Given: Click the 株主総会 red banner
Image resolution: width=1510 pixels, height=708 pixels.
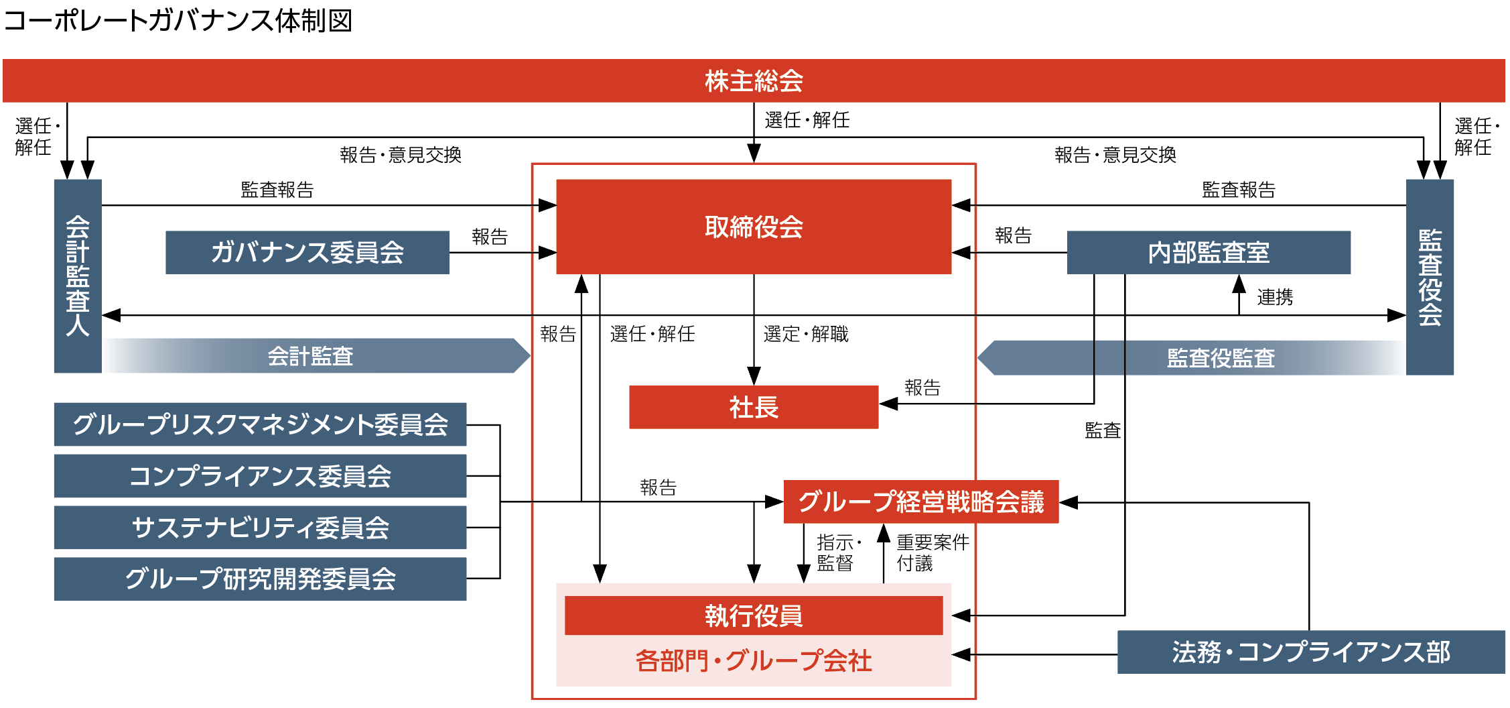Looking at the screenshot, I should pos(754,80).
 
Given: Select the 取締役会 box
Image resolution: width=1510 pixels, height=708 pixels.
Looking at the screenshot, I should pos(754,227).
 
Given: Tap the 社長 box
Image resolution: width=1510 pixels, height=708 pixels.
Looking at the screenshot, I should pos(754,407).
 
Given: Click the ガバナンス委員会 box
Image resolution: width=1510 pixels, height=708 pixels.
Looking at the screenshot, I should pos(307,252).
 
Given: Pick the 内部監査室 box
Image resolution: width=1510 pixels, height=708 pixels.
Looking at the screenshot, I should pos(1208,252).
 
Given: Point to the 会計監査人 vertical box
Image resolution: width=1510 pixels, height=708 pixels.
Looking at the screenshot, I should pos(78,276).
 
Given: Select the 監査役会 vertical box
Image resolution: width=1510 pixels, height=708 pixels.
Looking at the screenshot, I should pos(1429,277).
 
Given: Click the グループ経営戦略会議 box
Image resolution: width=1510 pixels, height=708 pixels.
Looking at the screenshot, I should pos(920,501).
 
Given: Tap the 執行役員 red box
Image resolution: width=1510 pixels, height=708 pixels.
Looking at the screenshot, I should pos(754,615).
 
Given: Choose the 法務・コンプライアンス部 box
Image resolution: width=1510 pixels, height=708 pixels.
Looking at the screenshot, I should pos(1310,652).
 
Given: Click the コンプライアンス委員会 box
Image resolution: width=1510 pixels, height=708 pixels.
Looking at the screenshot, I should pos(260,476).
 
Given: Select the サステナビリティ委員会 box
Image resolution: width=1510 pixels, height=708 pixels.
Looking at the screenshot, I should pos(260,528).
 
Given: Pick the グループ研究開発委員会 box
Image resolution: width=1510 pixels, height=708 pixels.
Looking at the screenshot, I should pos(260,579).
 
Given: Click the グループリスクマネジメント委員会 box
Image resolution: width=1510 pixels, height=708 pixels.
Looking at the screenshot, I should pos(260,424).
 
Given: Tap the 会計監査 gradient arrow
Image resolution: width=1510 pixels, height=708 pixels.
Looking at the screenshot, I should pos(310,356).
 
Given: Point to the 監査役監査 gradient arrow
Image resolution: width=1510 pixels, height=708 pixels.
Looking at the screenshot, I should pos(1220,358).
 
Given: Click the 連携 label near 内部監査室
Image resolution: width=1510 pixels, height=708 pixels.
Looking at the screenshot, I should pos(1274,297).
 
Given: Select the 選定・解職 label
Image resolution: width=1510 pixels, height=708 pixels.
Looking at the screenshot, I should pos(805,334).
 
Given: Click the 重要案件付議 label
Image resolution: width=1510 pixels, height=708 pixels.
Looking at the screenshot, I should pos(932,552).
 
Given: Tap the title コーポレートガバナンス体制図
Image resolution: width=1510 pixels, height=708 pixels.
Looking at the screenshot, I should pos(178,21).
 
